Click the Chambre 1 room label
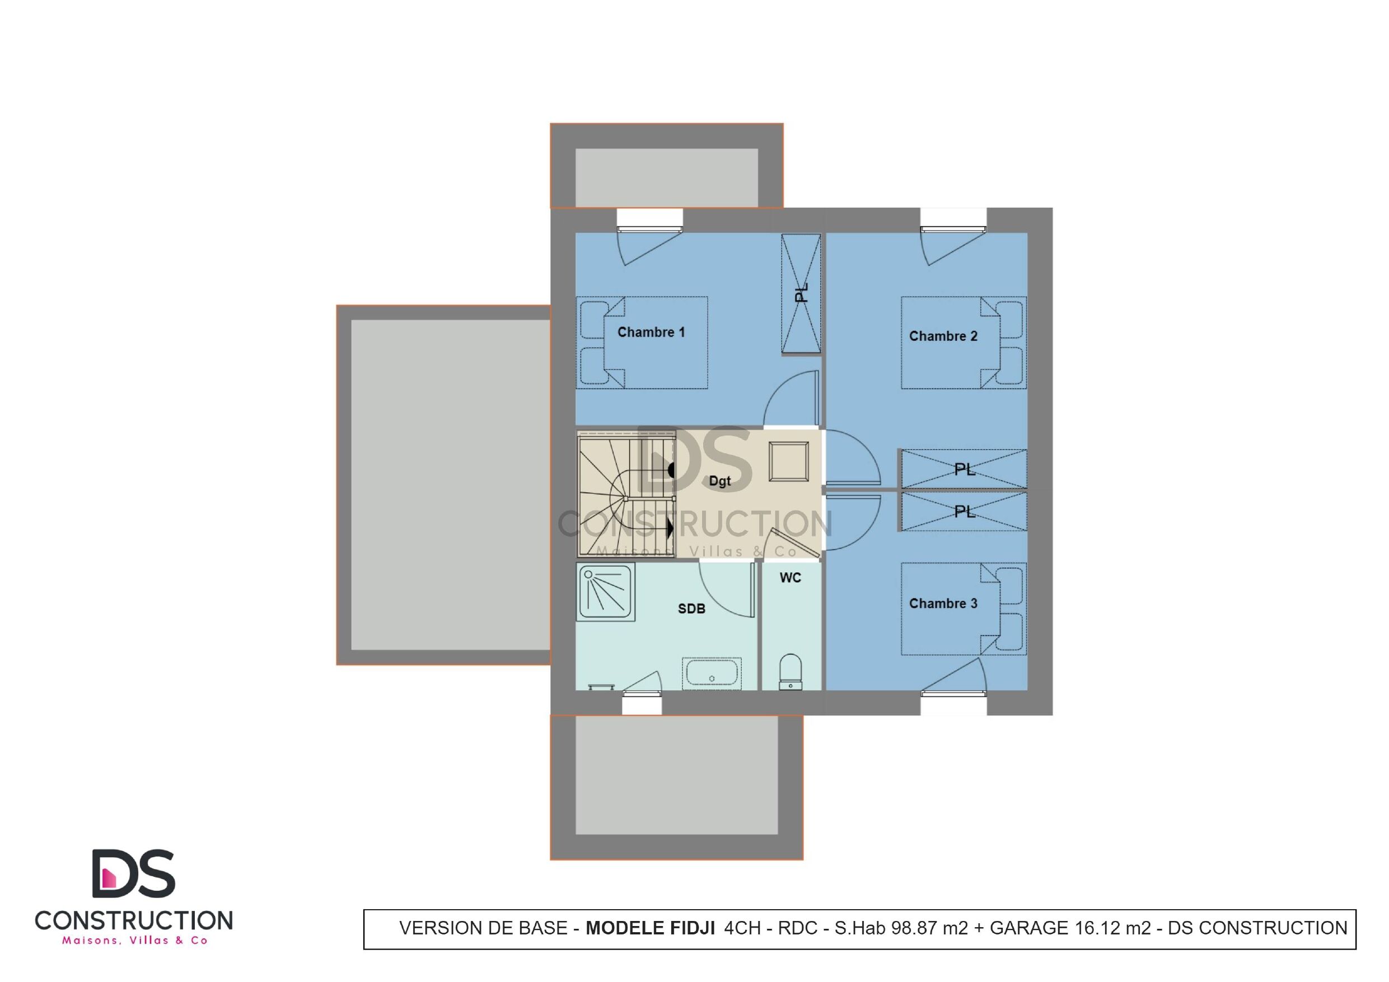coord(651,332)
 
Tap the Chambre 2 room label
coord(943,336)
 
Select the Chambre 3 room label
coord(943,604)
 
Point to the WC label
coord(790,578)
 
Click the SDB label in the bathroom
coord(691,609)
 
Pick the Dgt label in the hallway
coord(720,481)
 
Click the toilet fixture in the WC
coord(791,672)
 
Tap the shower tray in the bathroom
coord(606,592)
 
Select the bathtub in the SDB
coord(712,674)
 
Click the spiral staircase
coord(626,493)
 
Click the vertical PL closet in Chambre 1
coord(801,293)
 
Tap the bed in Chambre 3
coord(964,609)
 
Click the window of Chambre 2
coord(953,221)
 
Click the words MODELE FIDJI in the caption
coord(651,928)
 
